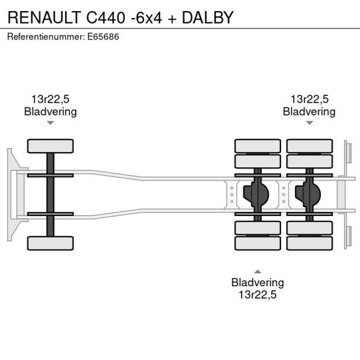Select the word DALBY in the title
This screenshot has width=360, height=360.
[207, 18]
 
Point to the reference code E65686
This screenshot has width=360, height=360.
[105, 37]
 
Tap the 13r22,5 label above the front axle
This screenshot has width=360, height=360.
[50, 99]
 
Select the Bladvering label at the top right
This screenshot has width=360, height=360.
[309, 111]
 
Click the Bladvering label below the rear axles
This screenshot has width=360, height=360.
[257, 283]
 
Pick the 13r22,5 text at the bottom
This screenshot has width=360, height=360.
[257, 294]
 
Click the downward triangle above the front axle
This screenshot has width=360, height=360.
[51, 123]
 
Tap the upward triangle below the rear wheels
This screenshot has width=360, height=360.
[257, 271]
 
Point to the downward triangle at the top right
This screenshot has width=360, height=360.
[309, 123]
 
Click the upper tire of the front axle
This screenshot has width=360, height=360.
[51, 146]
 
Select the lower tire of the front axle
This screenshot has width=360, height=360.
[51, 243]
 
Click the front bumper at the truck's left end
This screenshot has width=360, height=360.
[10, 195]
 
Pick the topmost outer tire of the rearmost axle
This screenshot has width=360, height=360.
[309, 146]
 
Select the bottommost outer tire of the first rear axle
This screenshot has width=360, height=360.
[257, 243]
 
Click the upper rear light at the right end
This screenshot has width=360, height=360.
[348, 153]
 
